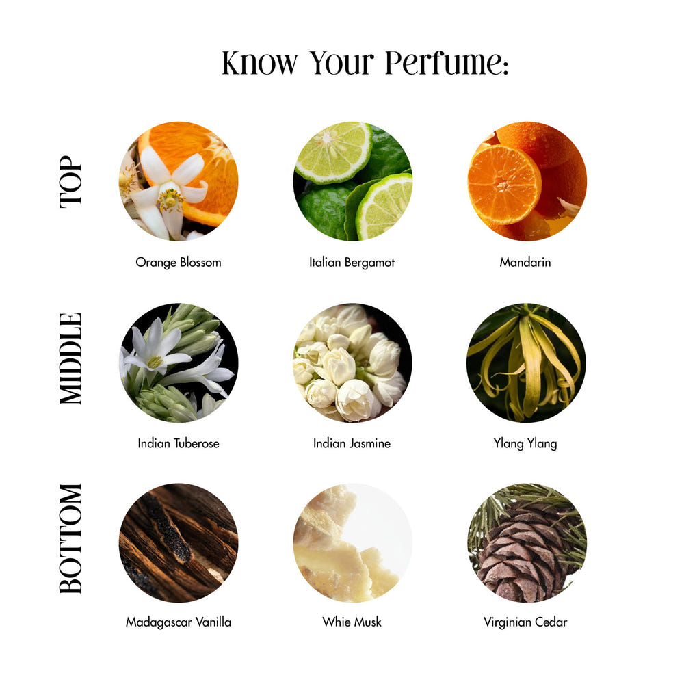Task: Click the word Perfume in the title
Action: click(446, 64)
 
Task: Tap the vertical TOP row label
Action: click(70, 181)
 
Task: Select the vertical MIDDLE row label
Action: click(70, 358)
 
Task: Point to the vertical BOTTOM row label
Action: click(70, 538)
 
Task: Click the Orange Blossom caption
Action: click(179, 262)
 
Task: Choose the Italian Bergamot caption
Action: click(352, 262)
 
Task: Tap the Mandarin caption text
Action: click(525, 262)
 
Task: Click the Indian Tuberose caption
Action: click(179, 443)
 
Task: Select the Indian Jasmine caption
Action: click(352, 443)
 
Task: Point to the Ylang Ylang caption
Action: click(525, 444)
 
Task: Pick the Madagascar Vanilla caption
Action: click(179, 622)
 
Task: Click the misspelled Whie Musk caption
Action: click(352, 622)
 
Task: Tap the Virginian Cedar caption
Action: click(525, 622)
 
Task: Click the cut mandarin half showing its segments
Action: click(504, 185)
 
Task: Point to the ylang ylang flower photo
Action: click(527, 363)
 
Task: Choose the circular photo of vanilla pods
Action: click(179, 542)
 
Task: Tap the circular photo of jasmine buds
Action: click(352, 363)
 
